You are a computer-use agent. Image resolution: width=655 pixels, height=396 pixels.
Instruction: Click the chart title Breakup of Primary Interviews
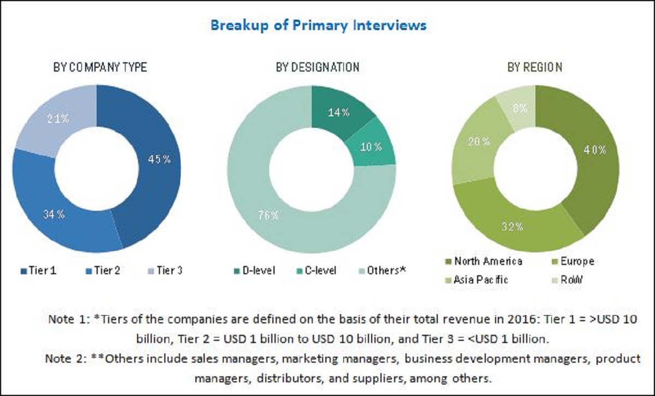point(319,25)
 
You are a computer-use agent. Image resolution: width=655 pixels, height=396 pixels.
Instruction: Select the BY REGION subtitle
point(534,68)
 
